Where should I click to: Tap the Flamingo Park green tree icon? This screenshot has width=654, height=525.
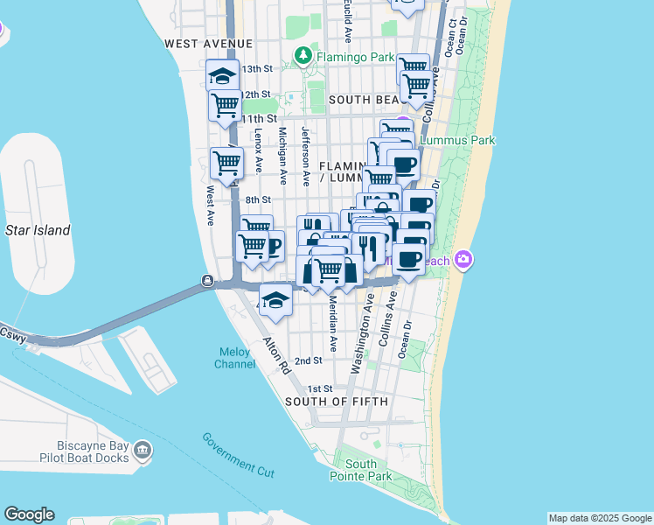(303, 55)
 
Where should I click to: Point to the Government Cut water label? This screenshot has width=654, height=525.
(238, 455)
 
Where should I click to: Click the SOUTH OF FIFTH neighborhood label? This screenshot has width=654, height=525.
(330, 401)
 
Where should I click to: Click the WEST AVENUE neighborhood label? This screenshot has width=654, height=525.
(208, 43)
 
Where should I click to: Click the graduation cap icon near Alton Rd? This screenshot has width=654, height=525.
(276, 300)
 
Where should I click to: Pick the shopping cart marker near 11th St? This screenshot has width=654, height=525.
(225, 105)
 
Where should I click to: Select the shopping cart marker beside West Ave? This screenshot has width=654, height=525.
(226, 164)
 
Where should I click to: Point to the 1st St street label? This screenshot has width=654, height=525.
(320, 388)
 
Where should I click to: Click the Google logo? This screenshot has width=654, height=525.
(29, 514)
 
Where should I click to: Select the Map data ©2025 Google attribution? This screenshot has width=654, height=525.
(599, 518)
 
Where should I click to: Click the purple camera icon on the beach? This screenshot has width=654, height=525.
(463, 259)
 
